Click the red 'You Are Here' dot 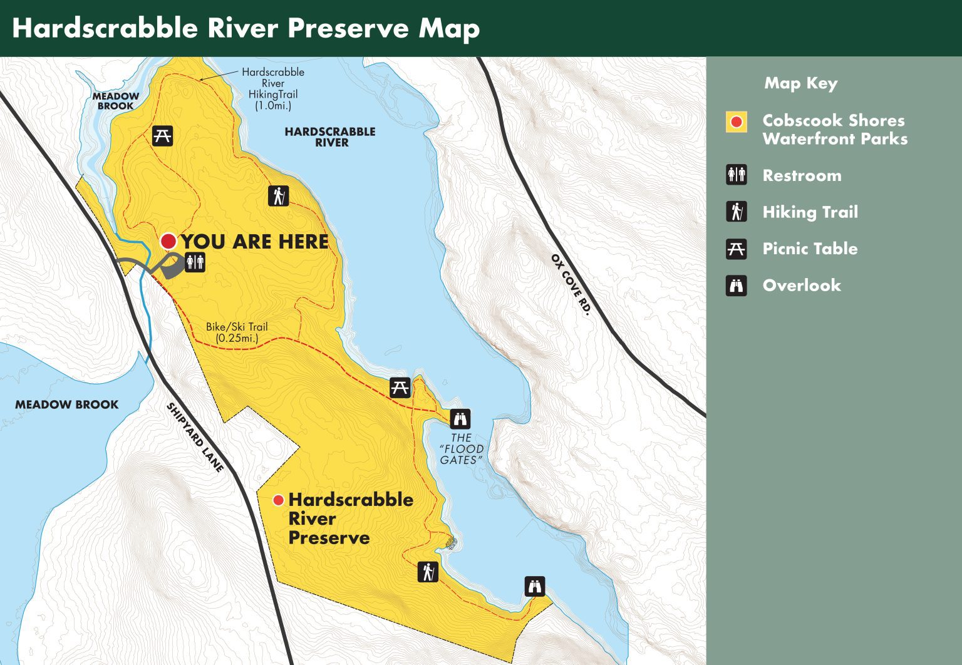pyautogui.click(x=168, y=241)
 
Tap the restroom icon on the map pyautogui.click(x=195, y=262)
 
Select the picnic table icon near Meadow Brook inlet pyautogui.click(x=163, y=135)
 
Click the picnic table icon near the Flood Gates pyautogui.click(x=400, y=388)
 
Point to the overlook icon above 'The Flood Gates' pyautogui.click(x=460, y=418)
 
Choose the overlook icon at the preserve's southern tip pyautogui.click(x=534, y=587)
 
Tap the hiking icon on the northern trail pyautogui.click(x=279, y=195)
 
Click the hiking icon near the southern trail pyautogui.click(x=428, y=572)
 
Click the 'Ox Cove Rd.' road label pyautogui.click(x=571, y=284)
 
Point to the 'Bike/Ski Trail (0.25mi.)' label pyautogui.click(x=237, y=332)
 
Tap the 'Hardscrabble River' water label pyautogui.click(x=330, y=137)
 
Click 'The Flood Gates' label pyautogui.click(x=462, y=449)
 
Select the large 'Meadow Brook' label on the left pyautogui.click(x=66, y=405)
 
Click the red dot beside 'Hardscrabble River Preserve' pyautogui.click(x=279, y=500)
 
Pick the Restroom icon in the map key pyautogui.click(x=737, y=175)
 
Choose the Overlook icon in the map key pyautogui.click(x=737, y=286)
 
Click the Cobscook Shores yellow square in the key pyautogui.click(x=737, y=122)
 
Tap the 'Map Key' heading pyautogui.click(x=800, y=83)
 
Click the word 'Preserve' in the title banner pyautogui.click(x=348, y=29)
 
